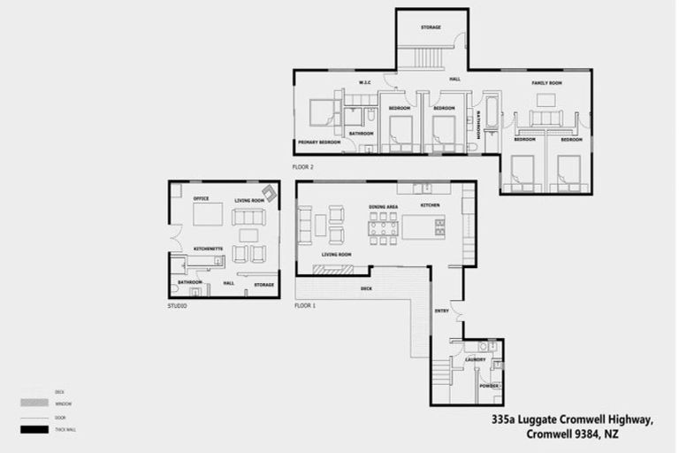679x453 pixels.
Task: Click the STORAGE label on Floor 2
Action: pyautogui.click(x=431, y=27)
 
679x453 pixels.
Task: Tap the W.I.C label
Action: pyautogui.click(x=363, y=82)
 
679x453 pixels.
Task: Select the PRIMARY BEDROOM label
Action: pyautogui.click(x=318, y=142)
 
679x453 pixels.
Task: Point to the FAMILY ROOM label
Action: pyautogui.click(x=546, y=82)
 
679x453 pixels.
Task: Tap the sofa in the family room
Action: pyautogui.click(x=545, y=118)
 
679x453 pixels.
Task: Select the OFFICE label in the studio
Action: pyautogui.click(x=201, y=198)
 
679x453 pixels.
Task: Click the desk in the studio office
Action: pyautogui.click(x=208, y=216)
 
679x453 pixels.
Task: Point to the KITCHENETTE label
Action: pyautogui.click(x=208, y=249)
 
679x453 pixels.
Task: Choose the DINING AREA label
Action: pyautogui.click(x=383, y=206)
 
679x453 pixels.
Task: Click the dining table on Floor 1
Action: pyautogui.click(x=383, y=228)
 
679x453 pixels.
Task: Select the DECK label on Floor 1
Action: pyautogui.click(x=366, y=289)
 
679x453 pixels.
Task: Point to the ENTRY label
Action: pyautogui.click(x=442, y=311)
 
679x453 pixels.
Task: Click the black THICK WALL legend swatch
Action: pyautogui.click(x=33, y=430)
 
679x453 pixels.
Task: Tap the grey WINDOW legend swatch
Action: pyautogui.click(x=33, y=403)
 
